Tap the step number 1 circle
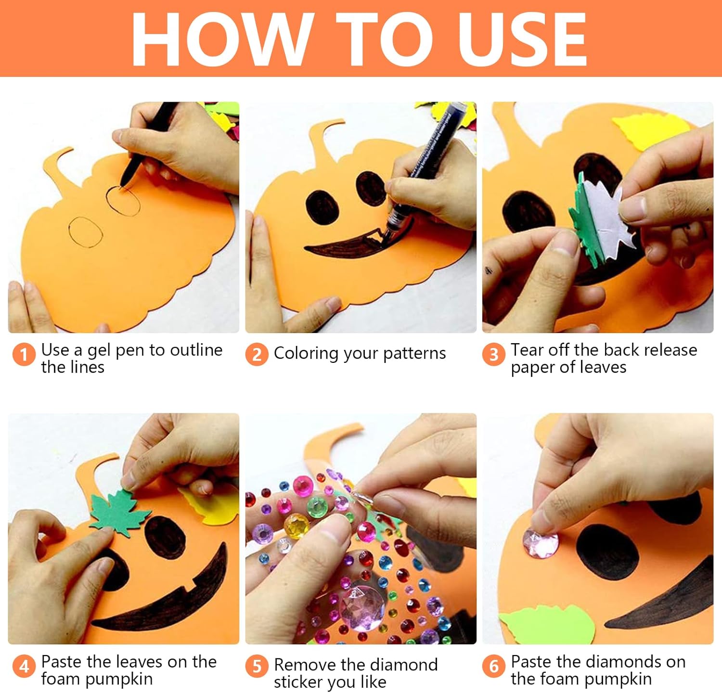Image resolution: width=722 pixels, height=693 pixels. click(x=24, y=354)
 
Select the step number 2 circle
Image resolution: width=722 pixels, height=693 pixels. click(x=257, y=354)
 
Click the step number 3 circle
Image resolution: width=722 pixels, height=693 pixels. click(x=493, y=354)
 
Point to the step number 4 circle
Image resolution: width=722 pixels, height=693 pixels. click(x=24, y=666)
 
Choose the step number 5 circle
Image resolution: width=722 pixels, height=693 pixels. click(x=257, y=666)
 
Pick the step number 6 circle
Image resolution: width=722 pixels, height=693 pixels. click(x=493, y=666)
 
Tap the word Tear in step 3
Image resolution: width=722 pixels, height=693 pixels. click(x=528, y=349)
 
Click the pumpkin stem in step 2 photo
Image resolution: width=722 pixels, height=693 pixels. click(x=327, y=140)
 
